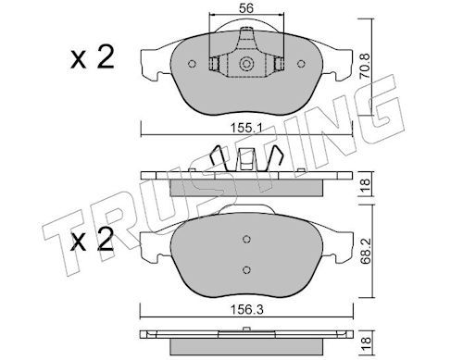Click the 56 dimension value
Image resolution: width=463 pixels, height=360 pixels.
coord(246,8)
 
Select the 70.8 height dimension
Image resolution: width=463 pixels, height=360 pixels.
coord(365,66)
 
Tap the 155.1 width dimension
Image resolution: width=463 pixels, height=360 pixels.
coord(246,127)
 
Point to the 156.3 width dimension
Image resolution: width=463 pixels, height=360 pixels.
coord(247,309)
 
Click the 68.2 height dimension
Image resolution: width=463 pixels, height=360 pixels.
coord(365,251)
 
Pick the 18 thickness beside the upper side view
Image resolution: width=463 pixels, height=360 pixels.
coord(365,184)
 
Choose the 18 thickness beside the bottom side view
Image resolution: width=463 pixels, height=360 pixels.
coord(365,341)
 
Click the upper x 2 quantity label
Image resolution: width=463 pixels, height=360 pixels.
coord(93,57)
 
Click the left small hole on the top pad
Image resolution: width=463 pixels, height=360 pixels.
coord(192,64)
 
